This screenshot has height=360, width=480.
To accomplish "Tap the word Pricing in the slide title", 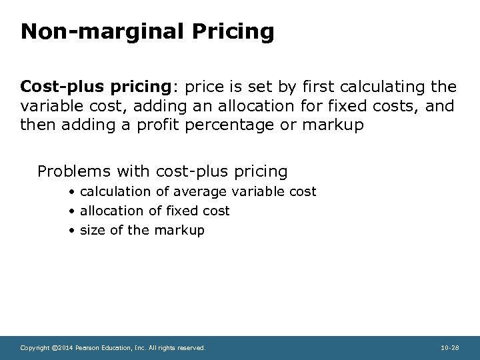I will click(x=233, y=32).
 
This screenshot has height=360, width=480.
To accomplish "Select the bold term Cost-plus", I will click(x=58, y=87).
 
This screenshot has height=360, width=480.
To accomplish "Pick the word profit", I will click(x=167, y=124).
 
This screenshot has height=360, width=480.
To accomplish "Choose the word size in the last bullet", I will click(x=91, y=230).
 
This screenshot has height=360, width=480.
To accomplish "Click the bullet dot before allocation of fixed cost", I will click(x=71, y=211).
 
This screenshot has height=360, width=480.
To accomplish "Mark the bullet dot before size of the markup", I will click(x=71, y=231).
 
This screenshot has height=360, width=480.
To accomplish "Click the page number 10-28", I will click(x=450, y=348).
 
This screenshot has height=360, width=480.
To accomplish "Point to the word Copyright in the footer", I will click(x=34, y=348).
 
